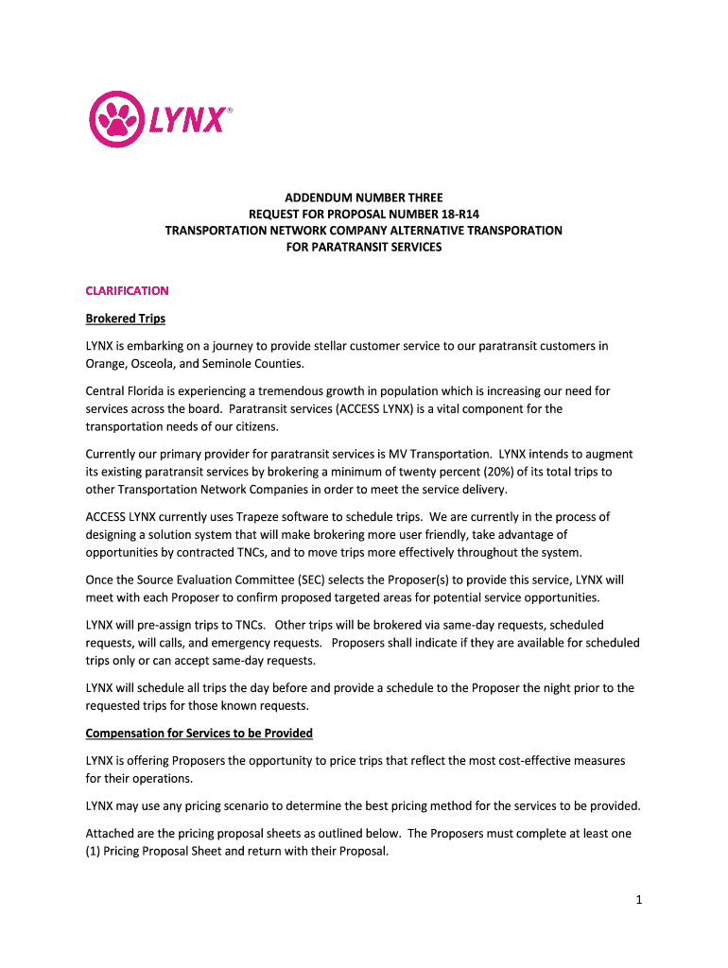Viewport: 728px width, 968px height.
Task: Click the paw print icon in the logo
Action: [x=116, y=120]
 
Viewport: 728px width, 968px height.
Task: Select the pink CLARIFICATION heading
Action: [x=127, y=290]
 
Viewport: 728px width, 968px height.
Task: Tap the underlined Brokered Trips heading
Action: [x=125, y=319]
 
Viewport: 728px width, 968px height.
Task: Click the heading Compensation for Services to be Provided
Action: [x=199, y=734]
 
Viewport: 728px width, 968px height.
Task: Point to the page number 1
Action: [x=639, y=900]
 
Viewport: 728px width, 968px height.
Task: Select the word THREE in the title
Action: [x=422, y=198]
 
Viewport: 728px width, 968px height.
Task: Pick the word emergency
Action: [x=234, y=643]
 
